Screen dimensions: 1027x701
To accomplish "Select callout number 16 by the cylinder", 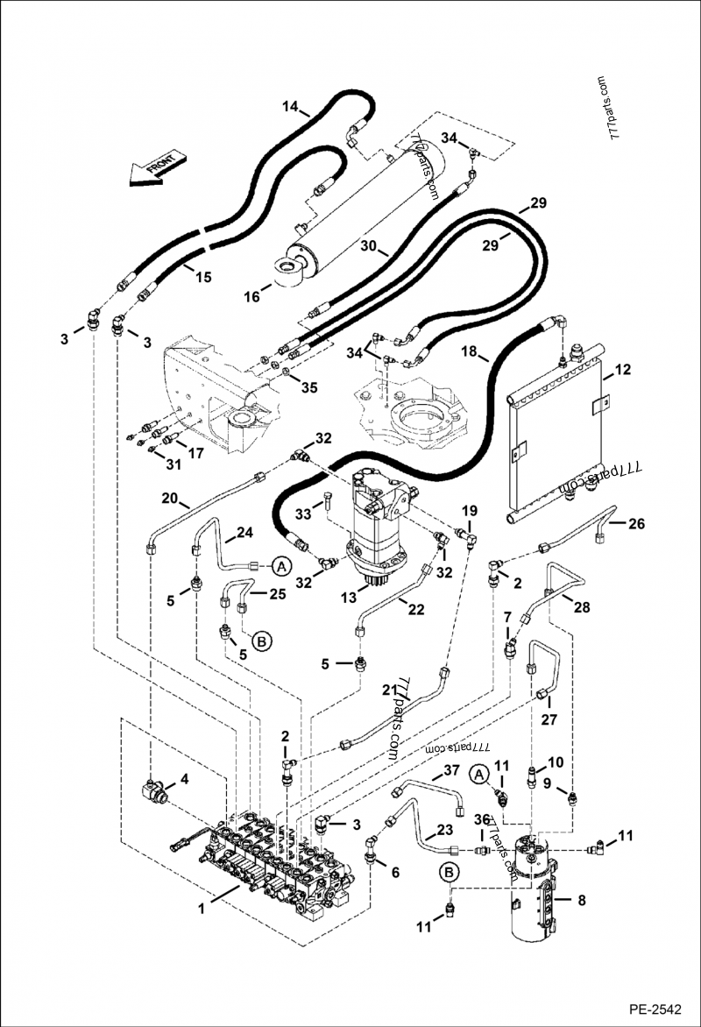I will coord(251,298).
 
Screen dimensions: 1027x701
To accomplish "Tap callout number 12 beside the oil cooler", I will coord(622,371).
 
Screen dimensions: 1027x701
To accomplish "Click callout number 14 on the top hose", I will coord(291,107).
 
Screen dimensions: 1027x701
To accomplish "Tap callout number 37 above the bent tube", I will coord(450,770).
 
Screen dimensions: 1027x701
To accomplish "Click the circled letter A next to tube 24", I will coord(280,567).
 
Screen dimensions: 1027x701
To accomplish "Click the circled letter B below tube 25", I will coord(261,642).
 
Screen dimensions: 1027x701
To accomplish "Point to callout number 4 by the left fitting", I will coord(184,778).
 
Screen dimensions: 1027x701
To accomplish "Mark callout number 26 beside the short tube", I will coord(636,525).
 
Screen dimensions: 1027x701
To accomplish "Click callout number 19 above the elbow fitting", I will coord(470,511).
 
